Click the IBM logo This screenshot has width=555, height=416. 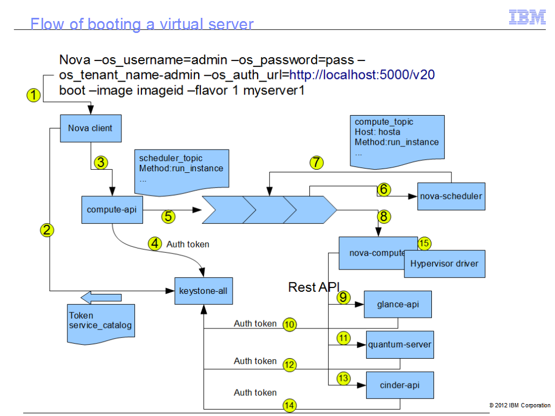pos(527,17)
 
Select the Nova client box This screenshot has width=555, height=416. pos(90,129)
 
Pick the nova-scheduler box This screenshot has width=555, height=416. pos(451,196)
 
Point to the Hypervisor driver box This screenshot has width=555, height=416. pos(444,264)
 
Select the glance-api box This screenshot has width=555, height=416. pos(398,305)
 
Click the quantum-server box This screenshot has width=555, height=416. pos(400,345)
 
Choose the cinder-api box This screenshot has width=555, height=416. pos(399,385)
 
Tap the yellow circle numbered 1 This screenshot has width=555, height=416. pos(34,96)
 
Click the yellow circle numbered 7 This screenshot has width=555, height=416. pos(317,162)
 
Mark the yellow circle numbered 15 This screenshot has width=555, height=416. pos(424,243)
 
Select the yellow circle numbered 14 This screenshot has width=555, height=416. pos(290,405)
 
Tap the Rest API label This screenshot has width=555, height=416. pos(313,287)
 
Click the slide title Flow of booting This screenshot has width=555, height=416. pos(141,24)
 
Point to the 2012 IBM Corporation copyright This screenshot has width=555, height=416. pos(519,405)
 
